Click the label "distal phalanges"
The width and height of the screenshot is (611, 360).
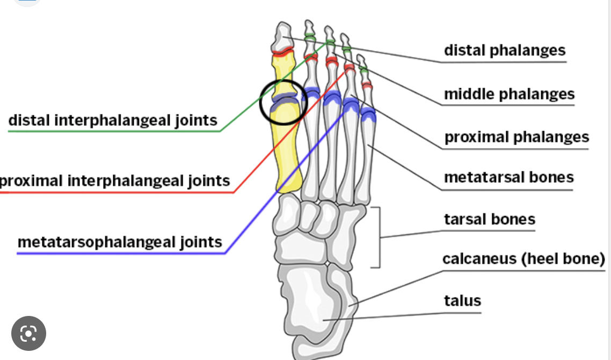pyautogui.click(x=505, y=51)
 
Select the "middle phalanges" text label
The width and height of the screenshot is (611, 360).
pyautogui.click(x=509, y=94)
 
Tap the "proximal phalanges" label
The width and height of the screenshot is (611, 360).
pyautogui.click(x=517, y=137)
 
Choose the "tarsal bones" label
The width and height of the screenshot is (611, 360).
pyautogui.click(x=490, y=219)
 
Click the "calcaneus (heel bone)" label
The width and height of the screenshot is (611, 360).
pyautogui.click(x=523, y=259)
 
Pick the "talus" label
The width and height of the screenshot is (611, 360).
pyautogui.click(x=462, y=300)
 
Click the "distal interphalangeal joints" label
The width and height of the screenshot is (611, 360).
pyautogui.click(x=113, y=120)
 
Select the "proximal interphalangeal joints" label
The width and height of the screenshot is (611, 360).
pyautogui.click(x=115, y=181)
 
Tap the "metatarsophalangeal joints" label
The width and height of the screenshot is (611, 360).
pyautogui.click(x=120, y=242)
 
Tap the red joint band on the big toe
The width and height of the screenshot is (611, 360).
pyautogui.click(x=282, y=52)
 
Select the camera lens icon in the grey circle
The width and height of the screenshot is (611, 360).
pyautogui.click(x=28, y=334)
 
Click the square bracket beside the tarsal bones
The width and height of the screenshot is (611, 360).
pyautogui.click(x=378, y=237)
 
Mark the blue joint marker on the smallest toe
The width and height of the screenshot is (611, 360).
pyautogui.click(x=368, y=114)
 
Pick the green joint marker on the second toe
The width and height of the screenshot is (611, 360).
pyautogui.click(x=310, y=37)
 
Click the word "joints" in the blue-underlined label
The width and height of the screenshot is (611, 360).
pyautogui.click(x=199, y=242)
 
